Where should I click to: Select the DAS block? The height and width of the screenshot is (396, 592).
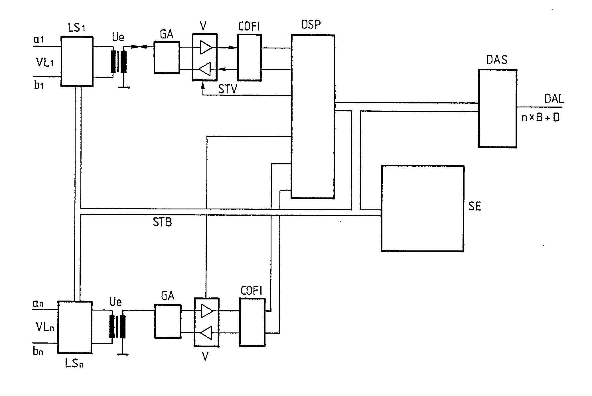(x=497, y=108)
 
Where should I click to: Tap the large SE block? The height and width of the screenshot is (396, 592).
(x=422, y=208)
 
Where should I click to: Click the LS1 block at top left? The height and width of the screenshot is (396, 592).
(x=77, y=61)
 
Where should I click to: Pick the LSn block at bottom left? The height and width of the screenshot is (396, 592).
(x=75, y=327)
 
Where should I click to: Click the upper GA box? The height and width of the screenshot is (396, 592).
(x=167, y=57)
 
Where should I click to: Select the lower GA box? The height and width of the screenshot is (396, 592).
(x=168, y=321)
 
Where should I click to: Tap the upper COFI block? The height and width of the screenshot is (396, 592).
(x=249, y=58)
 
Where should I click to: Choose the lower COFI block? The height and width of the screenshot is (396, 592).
(x=252, y=322)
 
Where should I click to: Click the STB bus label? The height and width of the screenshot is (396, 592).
(x=162, y=222)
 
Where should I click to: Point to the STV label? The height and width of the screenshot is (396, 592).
(x=228, y=89)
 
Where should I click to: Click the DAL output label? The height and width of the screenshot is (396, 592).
(x=554, y=99)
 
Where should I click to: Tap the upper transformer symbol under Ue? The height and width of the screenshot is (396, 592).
(x=118, y=62)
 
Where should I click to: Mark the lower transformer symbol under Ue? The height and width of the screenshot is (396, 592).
(x=117, y=326)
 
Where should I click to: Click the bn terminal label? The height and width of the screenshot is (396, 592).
(x=38, y=351)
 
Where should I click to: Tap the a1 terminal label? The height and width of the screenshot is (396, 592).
(x=38, y=39)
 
